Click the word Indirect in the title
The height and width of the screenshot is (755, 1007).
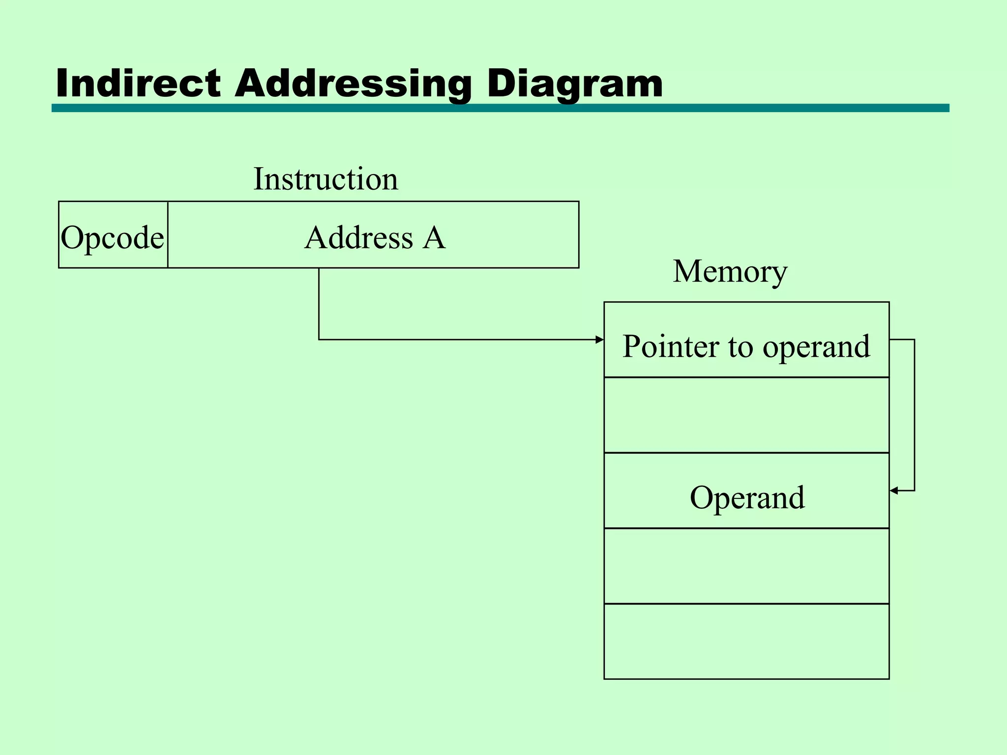139,84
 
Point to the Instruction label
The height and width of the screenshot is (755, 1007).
326,179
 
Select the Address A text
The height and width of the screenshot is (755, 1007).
375,238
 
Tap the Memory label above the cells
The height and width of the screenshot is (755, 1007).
730,271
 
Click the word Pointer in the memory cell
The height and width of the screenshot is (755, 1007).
671,346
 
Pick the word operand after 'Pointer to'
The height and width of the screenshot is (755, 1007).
816,347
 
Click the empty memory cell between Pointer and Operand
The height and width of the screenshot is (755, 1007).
746,415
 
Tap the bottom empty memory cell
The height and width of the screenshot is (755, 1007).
746,641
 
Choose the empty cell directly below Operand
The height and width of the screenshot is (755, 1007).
746,566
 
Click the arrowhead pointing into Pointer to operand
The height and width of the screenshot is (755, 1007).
599,340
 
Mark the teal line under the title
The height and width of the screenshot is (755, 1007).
500,108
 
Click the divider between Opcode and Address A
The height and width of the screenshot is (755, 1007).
168,235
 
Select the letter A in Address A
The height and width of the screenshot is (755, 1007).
435,238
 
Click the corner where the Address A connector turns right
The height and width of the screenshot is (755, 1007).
319,340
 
